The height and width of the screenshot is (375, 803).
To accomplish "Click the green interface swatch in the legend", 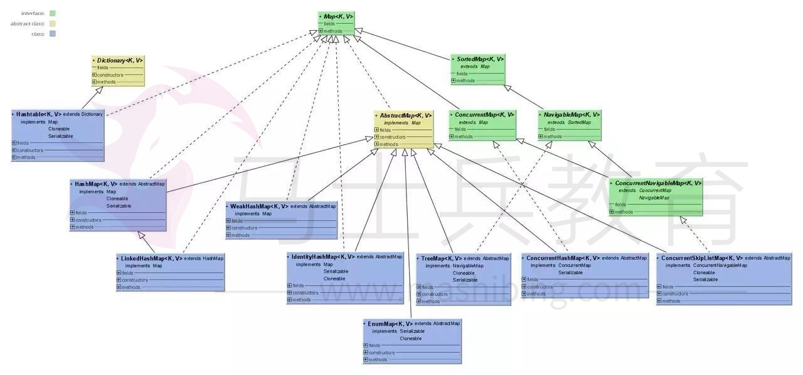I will (53, 13).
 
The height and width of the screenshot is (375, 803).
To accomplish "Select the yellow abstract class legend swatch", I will (53, 24).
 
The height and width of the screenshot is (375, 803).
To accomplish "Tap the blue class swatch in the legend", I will (53, 34).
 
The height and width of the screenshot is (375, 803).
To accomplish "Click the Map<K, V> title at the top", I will (338, 16).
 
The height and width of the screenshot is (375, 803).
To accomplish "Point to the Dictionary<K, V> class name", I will (120, 61).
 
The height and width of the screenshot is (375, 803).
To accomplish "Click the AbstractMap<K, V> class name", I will (405, 115).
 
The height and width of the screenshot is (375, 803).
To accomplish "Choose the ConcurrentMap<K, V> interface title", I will (484, 115).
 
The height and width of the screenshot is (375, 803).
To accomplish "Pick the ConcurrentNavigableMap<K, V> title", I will (658, 183).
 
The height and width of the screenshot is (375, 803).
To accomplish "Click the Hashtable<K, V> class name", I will (38, 114).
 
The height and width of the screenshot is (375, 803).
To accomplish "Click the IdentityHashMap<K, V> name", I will (322, 256).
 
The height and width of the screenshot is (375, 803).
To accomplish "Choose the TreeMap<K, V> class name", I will (441, 258).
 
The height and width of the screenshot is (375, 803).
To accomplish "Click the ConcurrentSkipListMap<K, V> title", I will (702, 258).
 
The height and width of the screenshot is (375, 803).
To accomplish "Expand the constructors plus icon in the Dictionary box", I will (95, 75).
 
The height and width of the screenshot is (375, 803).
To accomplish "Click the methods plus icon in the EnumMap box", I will (366, 359).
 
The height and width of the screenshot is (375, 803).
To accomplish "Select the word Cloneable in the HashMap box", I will (117, 199).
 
